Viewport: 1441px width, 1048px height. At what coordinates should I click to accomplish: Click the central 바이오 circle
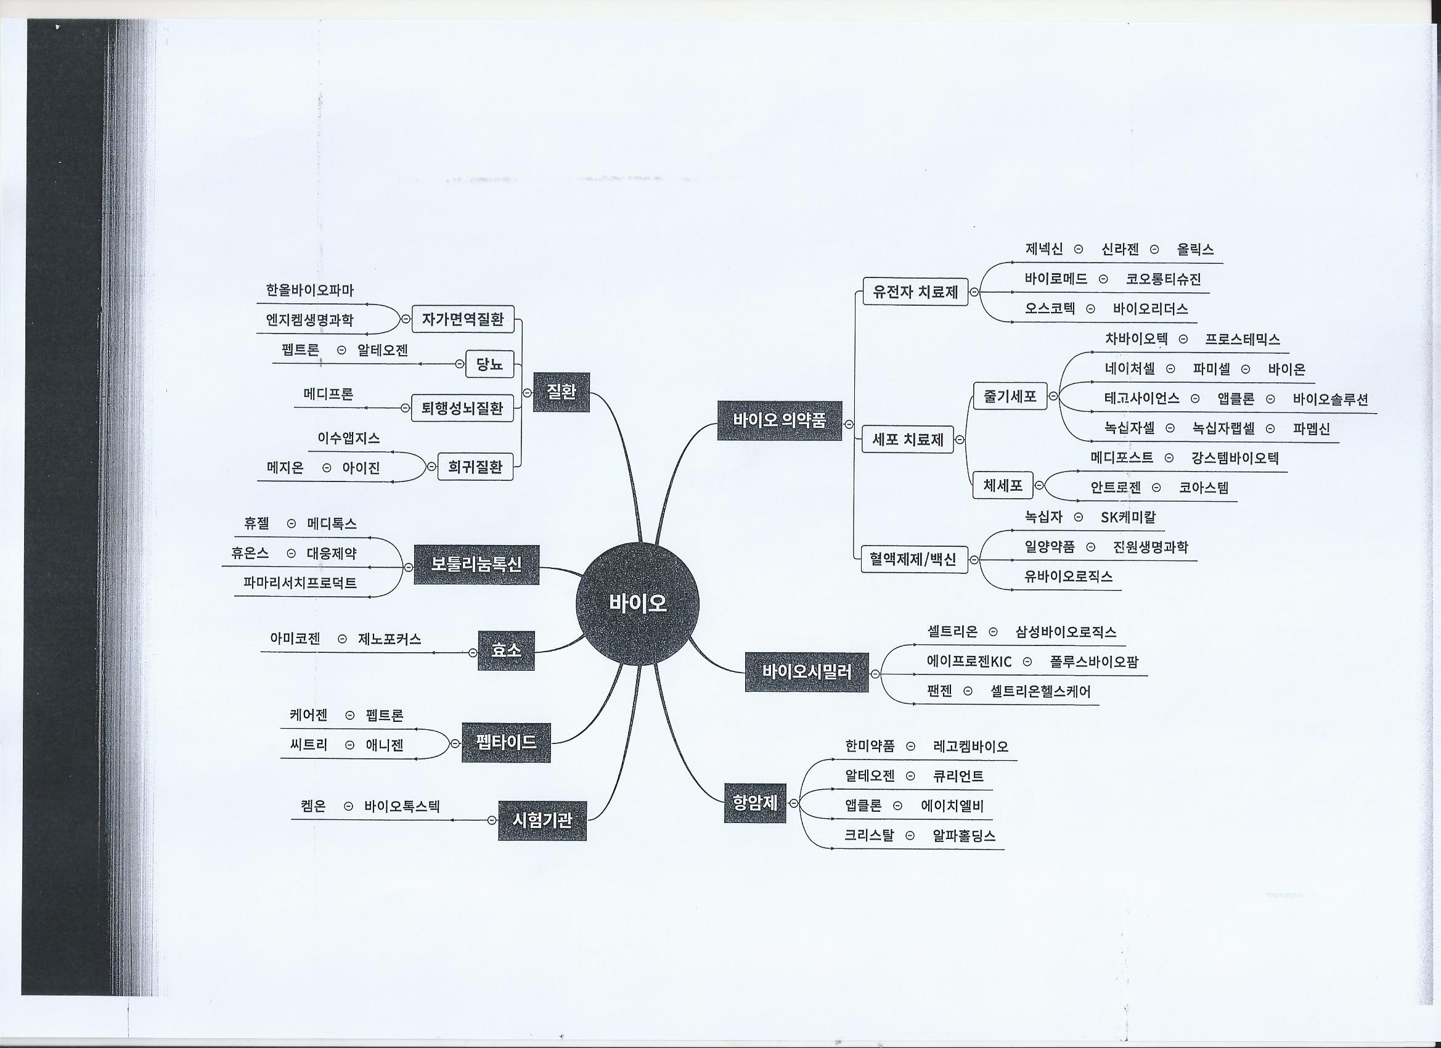pyautogui.click(x=637, y=603)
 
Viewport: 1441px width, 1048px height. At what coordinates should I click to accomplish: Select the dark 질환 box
pyautogui.click(x=561, y=392)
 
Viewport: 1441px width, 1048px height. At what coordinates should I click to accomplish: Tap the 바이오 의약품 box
pyautogui.click(x=780, y=420)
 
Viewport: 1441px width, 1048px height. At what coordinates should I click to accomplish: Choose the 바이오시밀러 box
pyautogui.click(x=806, y=672)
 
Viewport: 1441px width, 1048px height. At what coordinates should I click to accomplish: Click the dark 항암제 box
pyautogui.click(x=756, y=803)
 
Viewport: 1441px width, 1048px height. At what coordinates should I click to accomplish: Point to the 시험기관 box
pyautogui.click(x=542, y=821)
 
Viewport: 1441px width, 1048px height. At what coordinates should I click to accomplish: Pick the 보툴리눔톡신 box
pyautogui.click(x=476, y=564)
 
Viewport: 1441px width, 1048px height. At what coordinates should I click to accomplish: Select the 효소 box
pyautogui.click(x=507, y=651)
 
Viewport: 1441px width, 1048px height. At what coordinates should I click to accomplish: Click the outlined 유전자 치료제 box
pyautogui.click(x=915, y=292)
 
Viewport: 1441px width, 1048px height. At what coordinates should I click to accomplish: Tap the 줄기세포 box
pyautogui.click(x=1010, y=396)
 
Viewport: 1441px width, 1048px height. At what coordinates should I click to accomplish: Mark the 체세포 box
pyautogui.click(x=1003, y=486)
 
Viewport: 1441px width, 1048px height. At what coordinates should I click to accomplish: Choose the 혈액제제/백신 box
pyautogui.click(x=914, y=559)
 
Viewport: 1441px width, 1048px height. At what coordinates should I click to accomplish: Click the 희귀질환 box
pyautogui.click(x=475, y=467)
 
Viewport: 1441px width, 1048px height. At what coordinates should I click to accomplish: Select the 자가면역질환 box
pyautogui.click(x=462, y=320)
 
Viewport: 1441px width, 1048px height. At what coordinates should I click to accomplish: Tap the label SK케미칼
pyautogui.click(x=1128, y=517)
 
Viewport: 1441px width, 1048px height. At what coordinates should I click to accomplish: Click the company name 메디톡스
pyautogui.click(x=332, y=523)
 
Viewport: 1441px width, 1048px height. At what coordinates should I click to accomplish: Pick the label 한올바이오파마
pyautogui.click(x=309, y=290)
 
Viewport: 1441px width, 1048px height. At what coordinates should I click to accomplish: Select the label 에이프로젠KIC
pyautogui.click(x=969, y=662)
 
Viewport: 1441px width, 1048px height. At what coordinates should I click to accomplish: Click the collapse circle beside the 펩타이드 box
pyautogui.click(x=455, y=743)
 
